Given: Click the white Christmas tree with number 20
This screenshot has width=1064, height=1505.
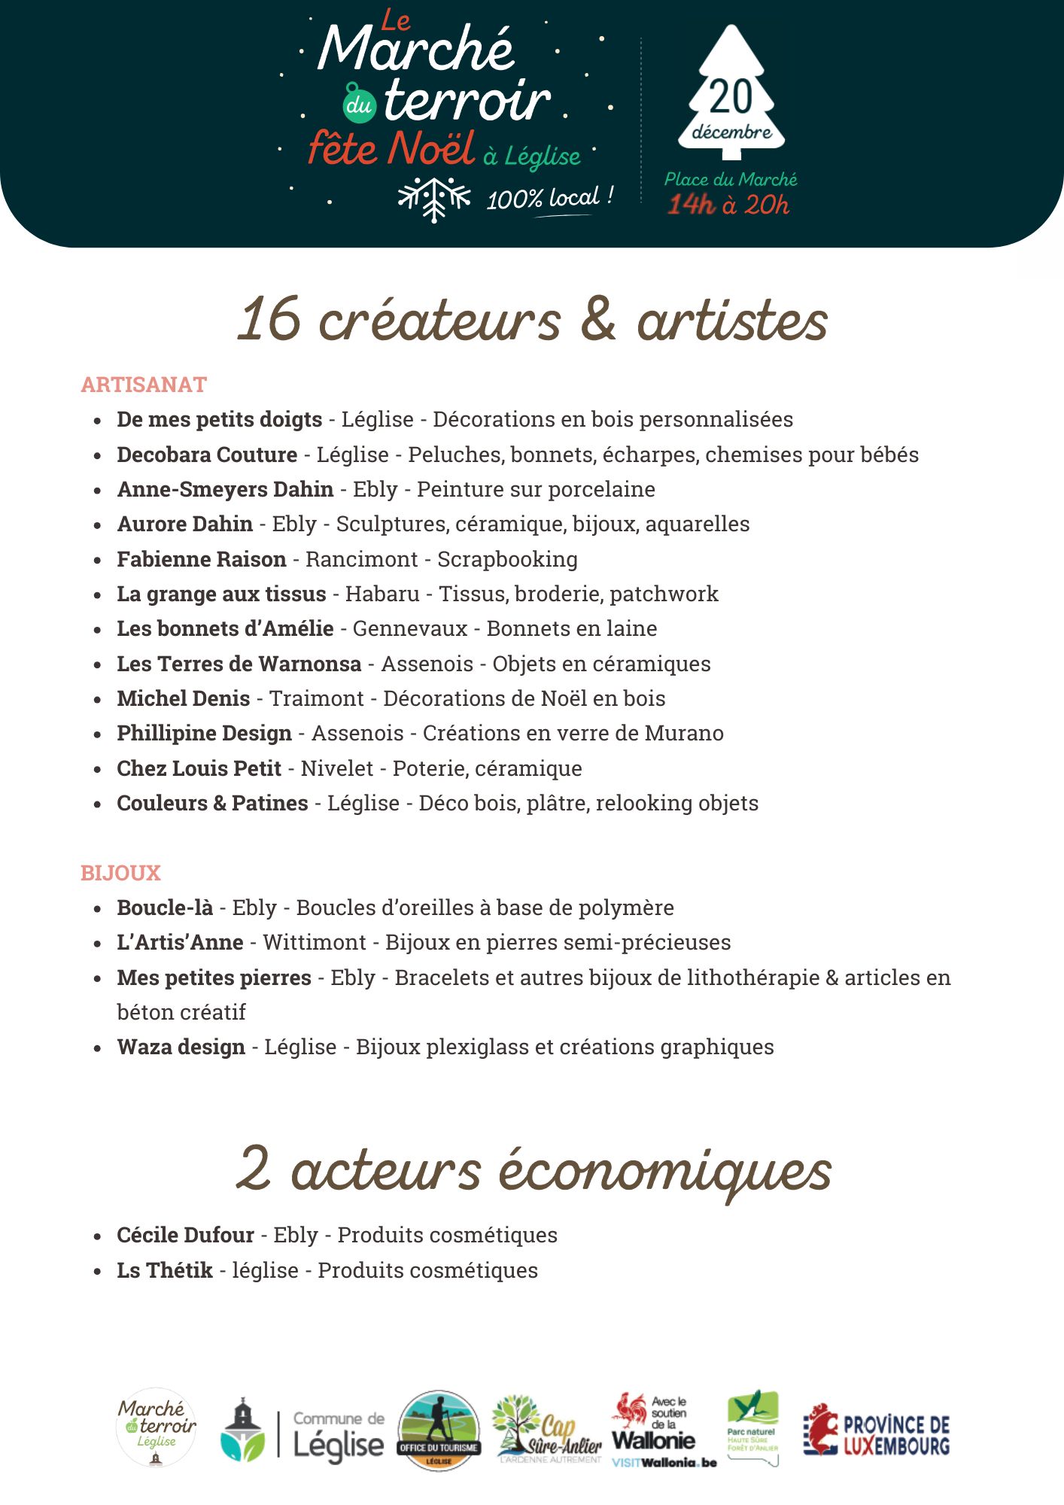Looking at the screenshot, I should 731,94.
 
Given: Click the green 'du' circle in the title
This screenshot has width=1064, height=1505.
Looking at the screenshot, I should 359,104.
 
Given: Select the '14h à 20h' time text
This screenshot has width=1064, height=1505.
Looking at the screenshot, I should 728,205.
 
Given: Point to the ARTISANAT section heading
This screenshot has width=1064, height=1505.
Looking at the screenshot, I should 144,385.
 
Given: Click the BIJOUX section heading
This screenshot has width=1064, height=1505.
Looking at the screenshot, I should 120,873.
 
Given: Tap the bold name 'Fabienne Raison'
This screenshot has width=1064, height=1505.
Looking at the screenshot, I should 201,559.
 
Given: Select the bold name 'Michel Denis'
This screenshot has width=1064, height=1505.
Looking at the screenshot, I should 183,698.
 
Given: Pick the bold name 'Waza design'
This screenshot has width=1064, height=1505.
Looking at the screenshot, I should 181,1047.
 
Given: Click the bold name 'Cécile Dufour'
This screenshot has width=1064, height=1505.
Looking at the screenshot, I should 185,1235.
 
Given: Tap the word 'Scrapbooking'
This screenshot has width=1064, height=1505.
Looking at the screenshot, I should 507,559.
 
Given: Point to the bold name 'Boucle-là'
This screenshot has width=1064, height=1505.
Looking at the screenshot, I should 165,908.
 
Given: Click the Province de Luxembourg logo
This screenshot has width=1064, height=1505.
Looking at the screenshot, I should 876,1430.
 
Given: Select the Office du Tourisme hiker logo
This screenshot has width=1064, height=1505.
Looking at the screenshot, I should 439,1430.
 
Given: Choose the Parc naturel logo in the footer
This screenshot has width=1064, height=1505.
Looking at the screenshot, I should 752,1426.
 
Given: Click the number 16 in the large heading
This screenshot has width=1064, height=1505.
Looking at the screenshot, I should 269,319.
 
